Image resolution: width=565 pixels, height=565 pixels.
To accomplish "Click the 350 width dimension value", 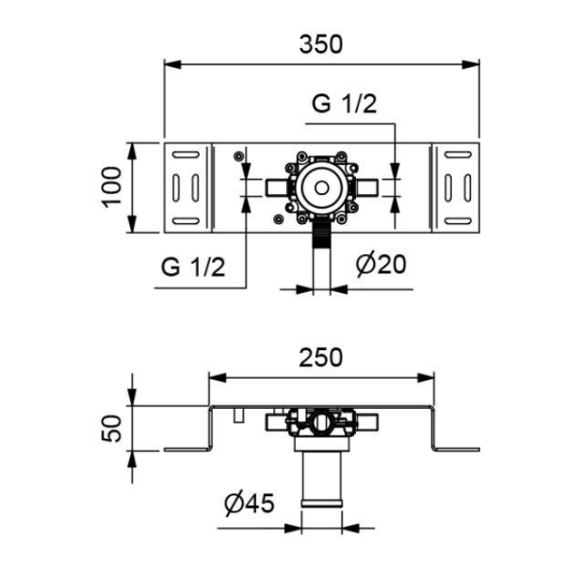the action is pyautogui.click(x=321, y=44).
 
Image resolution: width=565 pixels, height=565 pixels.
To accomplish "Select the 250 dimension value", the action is pyautogui.click(x=321, y=358).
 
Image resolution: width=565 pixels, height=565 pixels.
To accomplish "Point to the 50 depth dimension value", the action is pyautogui.click(x=111, y=428).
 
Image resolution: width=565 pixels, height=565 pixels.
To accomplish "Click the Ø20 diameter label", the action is pyautogui.click(x=380, y=265).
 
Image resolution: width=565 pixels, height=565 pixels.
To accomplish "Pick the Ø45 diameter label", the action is pyautogui.click(x=249, y=503).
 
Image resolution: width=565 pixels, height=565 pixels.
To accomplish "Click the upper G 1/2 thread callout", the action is pyautogui.click(x=344, y=104).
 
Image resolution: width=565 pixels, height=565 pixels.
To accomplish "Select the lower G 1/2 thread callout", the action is pyautogui.click(x=193, y=267).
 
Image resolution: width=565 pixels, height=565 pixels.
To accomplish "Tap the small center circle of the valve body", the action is pyautogui.click(x=321, y=187).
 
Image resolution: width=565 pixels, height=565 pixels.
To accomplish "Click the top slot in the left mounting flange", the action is pyautogui.click(x=186, y=154).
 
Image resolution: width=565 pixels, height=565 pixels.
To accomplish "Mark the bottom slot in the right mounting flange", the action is pyautogui.click(x=458, y=221).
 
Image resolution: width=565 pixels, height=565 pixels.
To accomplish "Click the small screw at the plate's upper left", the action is pyautogui.click(x=238, y=156).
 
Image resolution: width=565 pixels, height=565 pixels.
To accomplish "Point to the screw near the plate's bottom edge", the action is pyautogui.click(x=278, y=218).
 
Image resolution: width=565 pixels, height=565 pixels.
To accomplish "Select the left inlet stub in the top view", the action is pyautogui.click(x=276, y=187).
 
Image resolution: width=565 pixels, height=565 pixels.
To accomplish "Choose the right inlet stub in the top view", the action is pyautogui.click(x=366, y=187).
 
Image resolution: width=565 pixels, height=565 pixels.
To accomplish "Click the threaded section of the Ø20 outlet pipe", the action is pyautogui.click(x=321, y=235).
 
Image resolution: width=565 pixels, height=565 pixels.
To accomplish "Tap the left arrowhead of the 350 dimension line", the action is pyautogui.click(x=172, y=64).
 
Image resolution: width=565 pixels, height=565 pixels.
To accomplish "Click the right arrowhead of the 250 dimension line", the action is pyautogui.click(x=426, y=378).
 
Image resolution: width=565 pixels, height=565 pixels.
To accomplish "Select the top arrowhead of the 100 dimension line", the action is pyautogui.click(x=132, y=151).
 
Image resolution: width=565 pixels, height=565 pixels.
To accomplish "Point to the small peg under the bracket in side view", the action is pyautogui.click(x=238, y=415).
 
